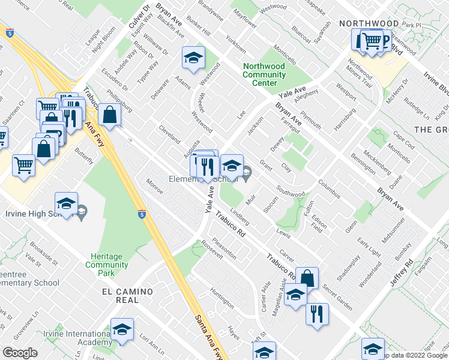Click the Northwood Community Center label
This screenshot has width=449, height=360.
264,75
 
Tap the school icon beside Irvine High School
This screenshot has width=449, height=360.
67,203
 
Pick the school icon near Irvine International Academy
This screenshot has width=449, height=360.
122,329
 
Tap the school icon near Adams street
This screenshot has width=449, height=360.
193,58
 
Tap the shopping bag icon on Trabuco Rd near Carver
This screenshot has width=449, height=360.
307,278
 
